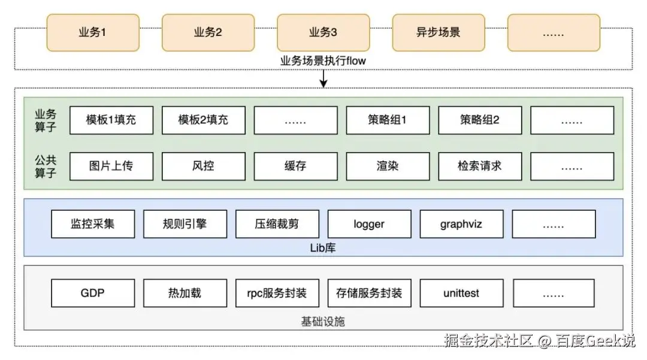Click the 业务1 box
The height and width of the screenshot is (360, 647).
point(93,32)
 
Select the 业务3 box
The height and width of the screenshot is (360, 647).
point(323,32)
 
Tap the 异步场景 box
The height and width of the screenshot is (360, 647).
point(439,32)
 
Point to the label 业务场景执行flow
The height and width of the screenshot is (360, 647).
point(323,61)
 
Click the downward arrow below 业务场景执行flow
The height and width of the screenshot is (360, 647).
point(323,78)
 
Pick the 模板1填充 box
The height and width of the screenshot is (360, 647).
point(111,120)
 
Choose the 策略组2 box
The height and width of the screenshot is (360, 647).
point(480,120)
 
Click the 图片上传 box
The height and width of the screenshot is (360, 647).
point(111,166)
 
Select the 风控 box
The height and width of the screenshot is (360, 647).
point(204,166)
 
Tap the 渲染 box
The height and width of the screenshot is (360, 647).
point(388,166)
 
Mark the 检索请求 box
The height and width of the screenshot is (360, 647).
point(480,166)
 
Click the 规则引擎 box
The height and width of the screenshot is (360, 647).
point(185,224)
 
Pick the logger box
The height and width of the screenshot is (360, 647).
point(369,224)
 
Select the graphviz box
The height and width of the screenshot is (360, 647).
point(461,224)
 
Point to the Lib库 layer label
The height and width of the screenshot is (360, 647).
point(323,247)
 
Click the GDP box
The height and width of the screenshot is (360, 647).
point(93,293)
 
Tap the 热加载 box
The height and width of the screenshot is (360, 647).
point(185,293)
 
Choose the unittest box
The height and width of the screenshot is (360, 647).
point(461,293)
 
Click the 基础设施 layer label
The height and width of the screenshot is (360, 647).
point(323,322)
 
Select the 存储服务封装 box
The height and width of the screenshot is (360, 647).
point(369,293)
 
